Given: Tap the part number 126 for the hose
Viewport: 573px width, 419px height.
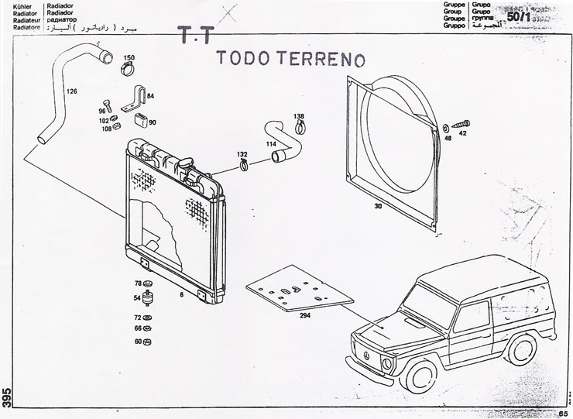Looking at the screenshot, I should (x=72, y=91).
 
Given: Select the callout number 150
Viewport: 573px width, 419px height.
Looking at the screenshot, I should (x=129, y=58).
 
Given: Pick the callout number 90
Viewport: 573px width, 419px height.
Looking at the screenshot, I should (x=152, y=122).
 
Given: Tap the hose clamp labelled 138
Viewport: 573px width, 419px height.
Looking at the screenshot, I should (x=299, y=128).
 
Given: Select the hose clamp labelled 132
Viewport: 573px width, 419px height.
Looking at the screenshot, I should (x=243, y=165).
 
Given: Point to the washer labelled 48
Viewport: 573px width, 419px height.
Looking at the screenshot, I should (x=448, y=127).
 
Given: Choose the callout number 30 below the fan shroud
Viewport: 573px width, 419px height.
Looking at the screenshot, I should (x=378, y=207).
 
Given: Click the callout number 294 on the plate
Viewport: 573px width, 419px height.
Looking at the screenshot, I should (x=304, y=316).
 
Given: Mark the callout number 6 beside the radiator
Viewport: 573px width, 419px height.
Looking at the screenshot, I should (x=180, y=294).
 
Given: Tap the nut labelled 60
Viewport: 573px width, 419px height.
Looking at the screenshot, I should (x=149, y=341).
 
